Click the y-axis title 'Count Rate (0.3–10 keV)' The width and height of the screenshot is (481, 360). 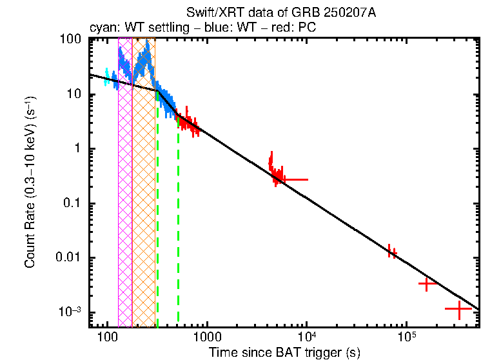pos(30,183)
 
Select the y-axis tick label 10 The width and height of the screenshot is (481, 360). pos(75,94)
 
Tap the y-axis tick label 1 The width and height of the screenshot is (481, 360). pos(78,149)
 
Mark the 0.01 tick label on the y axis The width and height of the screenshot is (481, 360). pos(70,258)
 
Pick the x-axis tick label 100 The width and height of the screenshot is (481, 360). pos(107,336)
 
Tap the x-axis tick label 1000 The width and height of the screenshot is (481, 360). pos(206,336)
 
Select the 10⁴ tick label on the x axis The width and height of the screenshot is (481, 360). pos(306,336)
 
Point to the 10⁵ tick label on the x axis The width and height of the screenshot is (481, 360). pos(406,336)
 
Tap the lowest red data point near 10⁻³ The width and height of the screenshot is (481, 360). pos(459,310)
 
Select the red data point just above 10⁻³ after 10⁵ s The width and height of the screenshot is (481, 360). pos(427,283)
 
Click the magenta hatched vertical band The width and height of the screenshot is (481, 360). pos(125,194)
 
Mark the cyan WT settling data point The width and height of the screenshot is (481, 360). pos(106,77)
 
